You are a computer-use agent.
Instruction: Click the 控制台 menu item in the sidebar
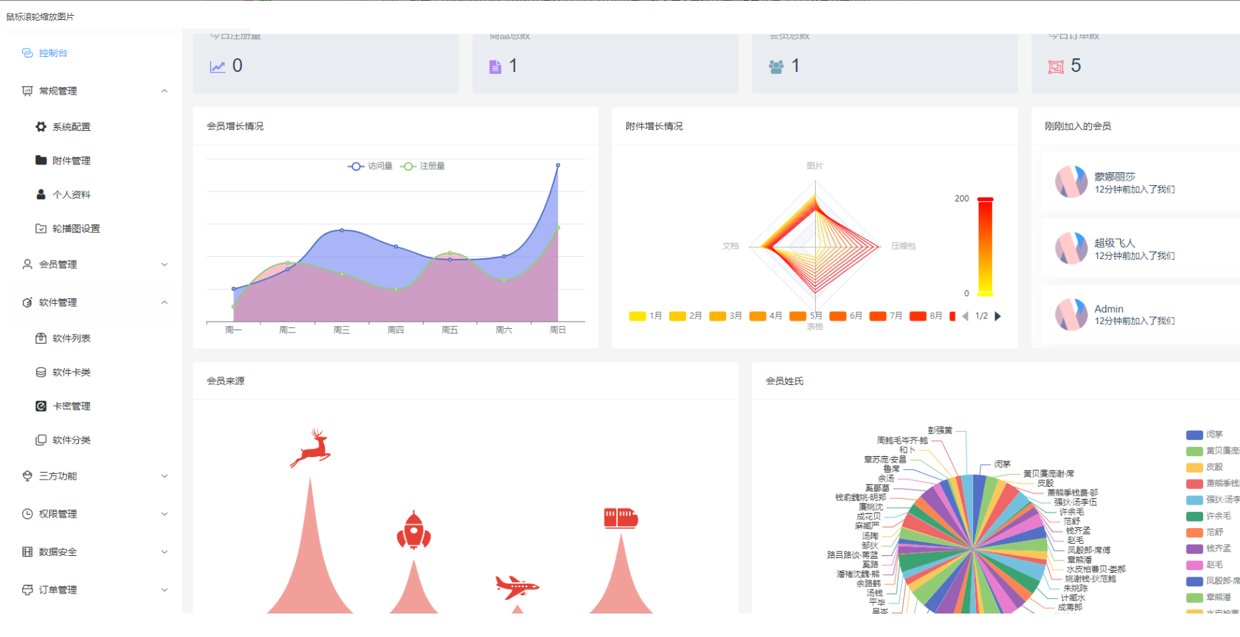coord(53,53)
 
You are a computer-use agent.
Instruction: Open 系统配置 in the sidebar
coord(71,127)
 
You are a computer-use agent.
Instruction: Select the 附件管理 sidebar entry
coord(71,161)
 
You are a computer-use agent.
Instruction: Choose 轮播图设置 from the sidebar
coord(75,228)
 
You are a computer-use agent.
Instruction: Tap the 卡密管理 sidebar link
coord(71,406)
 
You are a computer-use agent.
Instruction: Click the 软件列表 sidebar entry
coord(71,338)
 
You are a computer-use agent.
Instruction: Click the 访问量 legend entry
coord(371,166)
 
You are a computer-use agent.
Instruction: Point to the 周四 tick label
coord(396,330)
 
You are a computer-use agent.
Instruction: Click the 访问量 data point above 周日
coord(558,165)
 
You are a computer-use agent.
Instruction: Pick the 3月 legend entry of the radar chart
coord(727,316)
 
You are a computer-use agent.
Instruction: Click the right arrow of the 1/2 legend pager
coord(998,316)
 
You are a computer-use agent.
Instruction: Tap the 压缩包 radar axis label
coord(903,246)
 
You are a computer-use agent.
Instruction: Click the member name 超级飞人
coord(1115,243)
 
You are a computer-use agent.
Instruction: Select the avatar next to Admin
coord(1071,315)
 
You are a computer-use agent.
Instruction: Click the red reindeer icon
coord(311,448)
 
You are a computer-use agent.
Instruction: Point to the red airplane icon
coord(517,587)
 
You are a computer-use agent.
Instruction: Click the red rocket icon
coord(414,531)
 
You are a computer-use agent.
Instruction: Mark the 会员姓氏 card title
coord(784,381)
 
